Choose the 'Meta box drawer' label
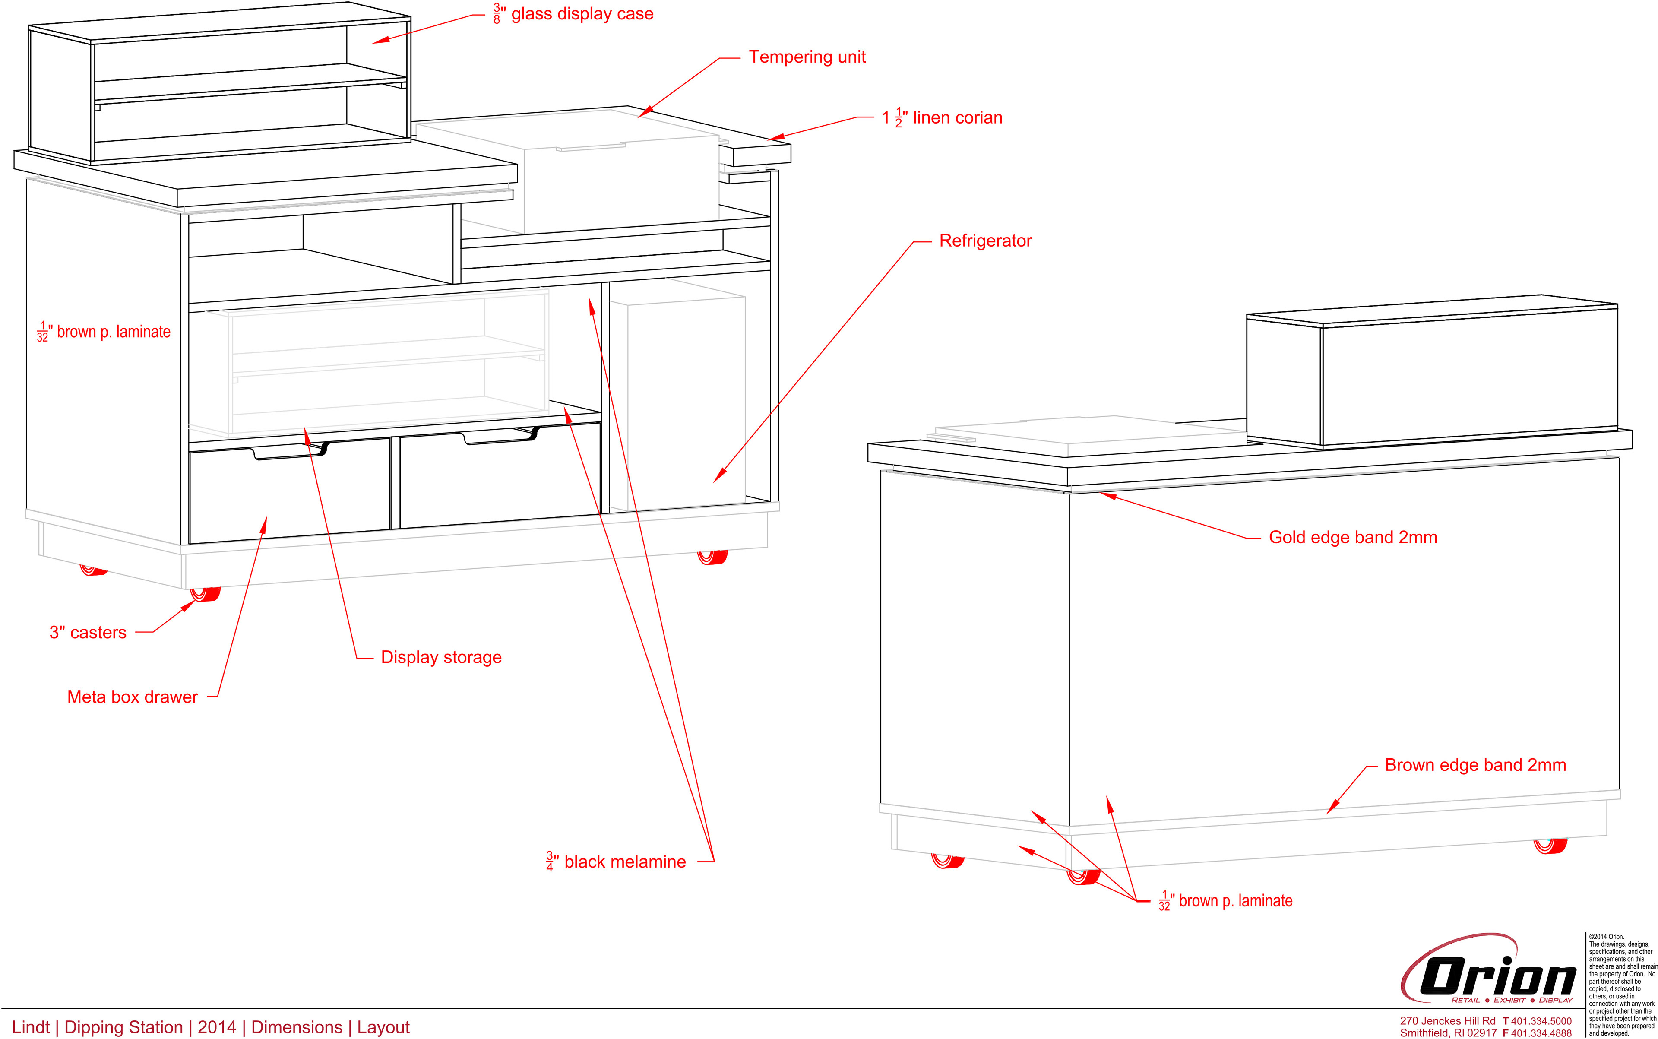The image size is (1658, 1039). coord(132,697)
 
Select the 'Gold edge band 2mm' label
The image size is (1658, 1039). coord(1352,537)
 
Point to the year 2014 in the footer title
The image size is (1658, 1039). coord(216,1027)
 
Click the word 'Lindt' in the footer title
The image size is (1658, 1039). coord(31,1027)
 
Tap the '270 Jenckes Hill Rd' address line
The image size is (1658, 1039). coord(1447,1021)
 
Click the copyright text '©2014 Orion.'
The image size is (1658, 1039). coord(1607,937)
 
